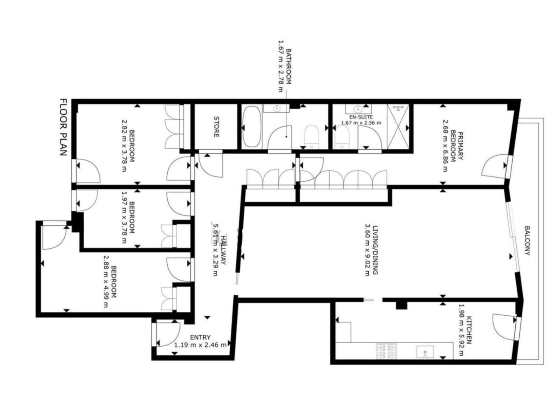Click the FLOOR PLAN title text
point(63,127)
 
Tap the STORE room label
point(216,127)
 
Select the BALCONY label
point(527,241)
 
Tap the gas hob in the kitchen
point(386,351)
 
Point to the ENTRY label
point(200,337)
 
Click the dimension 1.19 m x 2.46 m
point(200,345)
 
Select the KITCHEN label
point(469,330)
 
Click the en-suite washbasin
point(358,109)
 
